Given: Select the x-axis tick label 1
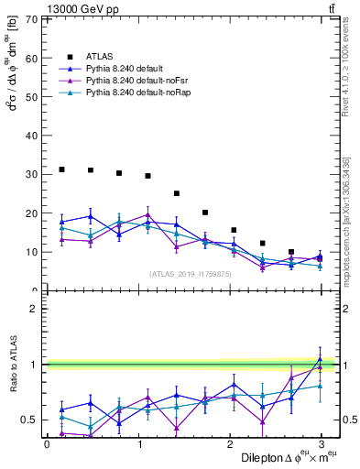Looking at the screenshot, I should tap(138, 444).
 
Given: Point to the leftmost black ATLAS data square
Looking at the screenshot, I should tap(61, 169).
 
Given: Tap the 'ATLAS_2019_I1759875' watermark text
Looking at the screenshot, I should tap(190, 273).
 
